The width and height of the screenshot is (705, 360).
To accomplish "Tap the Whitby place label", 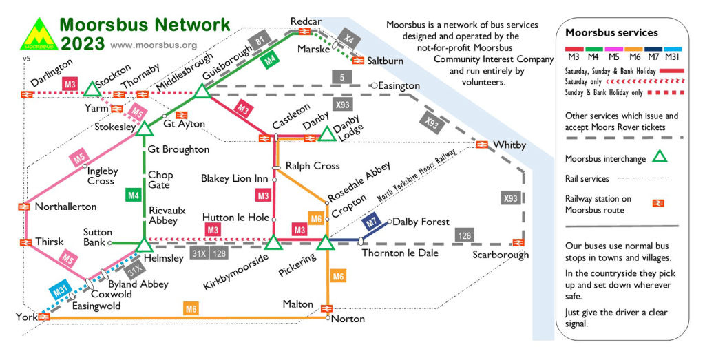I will (x=509, y=145).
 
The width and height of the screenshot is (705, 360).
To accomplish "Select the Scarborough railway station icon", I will (x=517, y=242).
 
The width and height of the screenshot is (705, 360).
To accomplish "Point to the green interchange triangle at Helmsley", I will (x=145, y=244).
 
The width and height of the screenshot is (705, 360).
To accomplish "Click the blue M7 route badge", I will (x=372, y=222).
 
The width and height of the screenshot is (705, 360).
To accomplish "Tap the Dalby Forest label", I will (x=421, y=222).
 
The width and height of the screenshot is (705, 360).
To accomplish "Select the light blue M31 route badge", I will (x=61, y=292).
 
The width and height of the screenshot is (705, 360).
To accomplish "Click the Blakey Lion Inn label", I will (x=234, y=178).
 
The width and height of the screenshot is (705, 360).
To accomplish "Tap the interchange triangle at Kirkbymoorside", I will (x=273, y=242).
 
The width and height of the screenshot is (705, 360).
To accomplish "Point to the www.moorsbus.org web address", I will (x=153, y=45).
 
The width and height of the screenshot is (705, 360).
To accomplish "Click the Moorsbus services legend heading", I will (x=611, y=32).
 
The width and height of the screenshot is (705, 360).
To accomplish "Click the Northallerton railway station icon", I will (x=23, y=206).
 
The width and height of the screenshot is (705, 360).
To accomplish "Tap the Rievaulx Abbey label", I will (x=163, y=215).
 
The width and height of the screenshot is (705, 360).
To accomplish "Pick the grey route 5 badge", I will (x=341, y=77).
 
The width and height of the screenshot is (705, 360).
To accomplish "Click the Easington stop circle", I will (x=373, y=85).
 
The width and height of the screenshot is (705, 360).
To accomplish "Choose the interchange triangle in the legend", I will (x=660, y=157).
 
